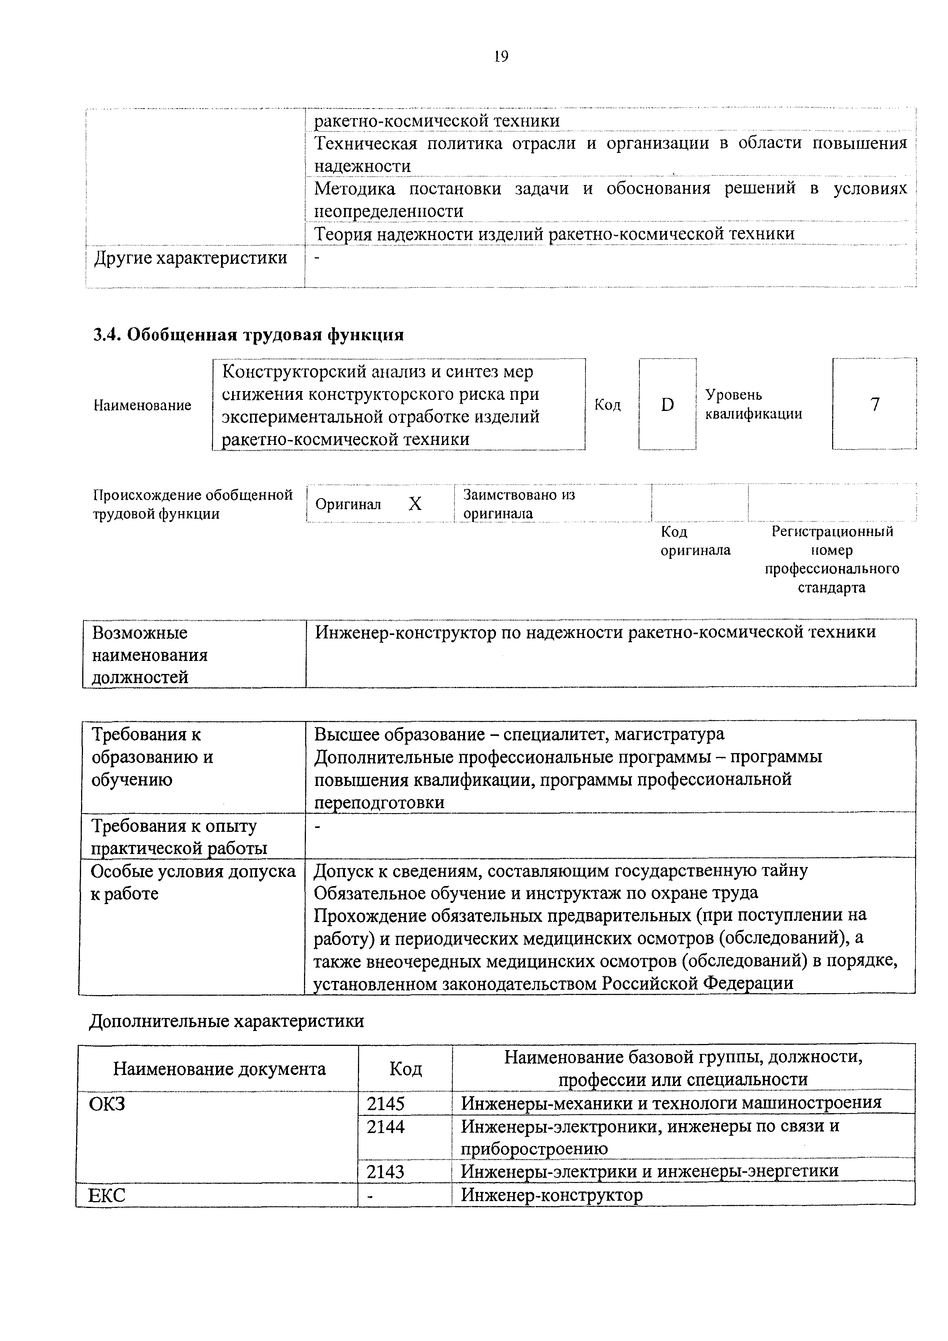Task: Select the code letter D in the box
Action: tap(667, 404)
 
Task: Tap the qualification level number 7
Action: tap(875, 404)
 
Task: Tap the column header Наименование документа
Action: tap(219, 1069)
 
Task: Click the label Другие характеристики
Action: tap(190, 258)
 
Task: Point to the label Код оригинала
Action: tap(695, 541)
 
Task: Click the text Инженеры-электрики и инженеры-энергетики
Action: tap(649, 1171)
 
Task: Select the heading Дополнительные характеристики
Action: tap(226, 1020)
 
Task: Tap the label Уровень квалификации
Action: tap(753, 404)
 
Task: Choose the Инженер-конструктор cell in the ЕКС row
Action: tap(551, 1195)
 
